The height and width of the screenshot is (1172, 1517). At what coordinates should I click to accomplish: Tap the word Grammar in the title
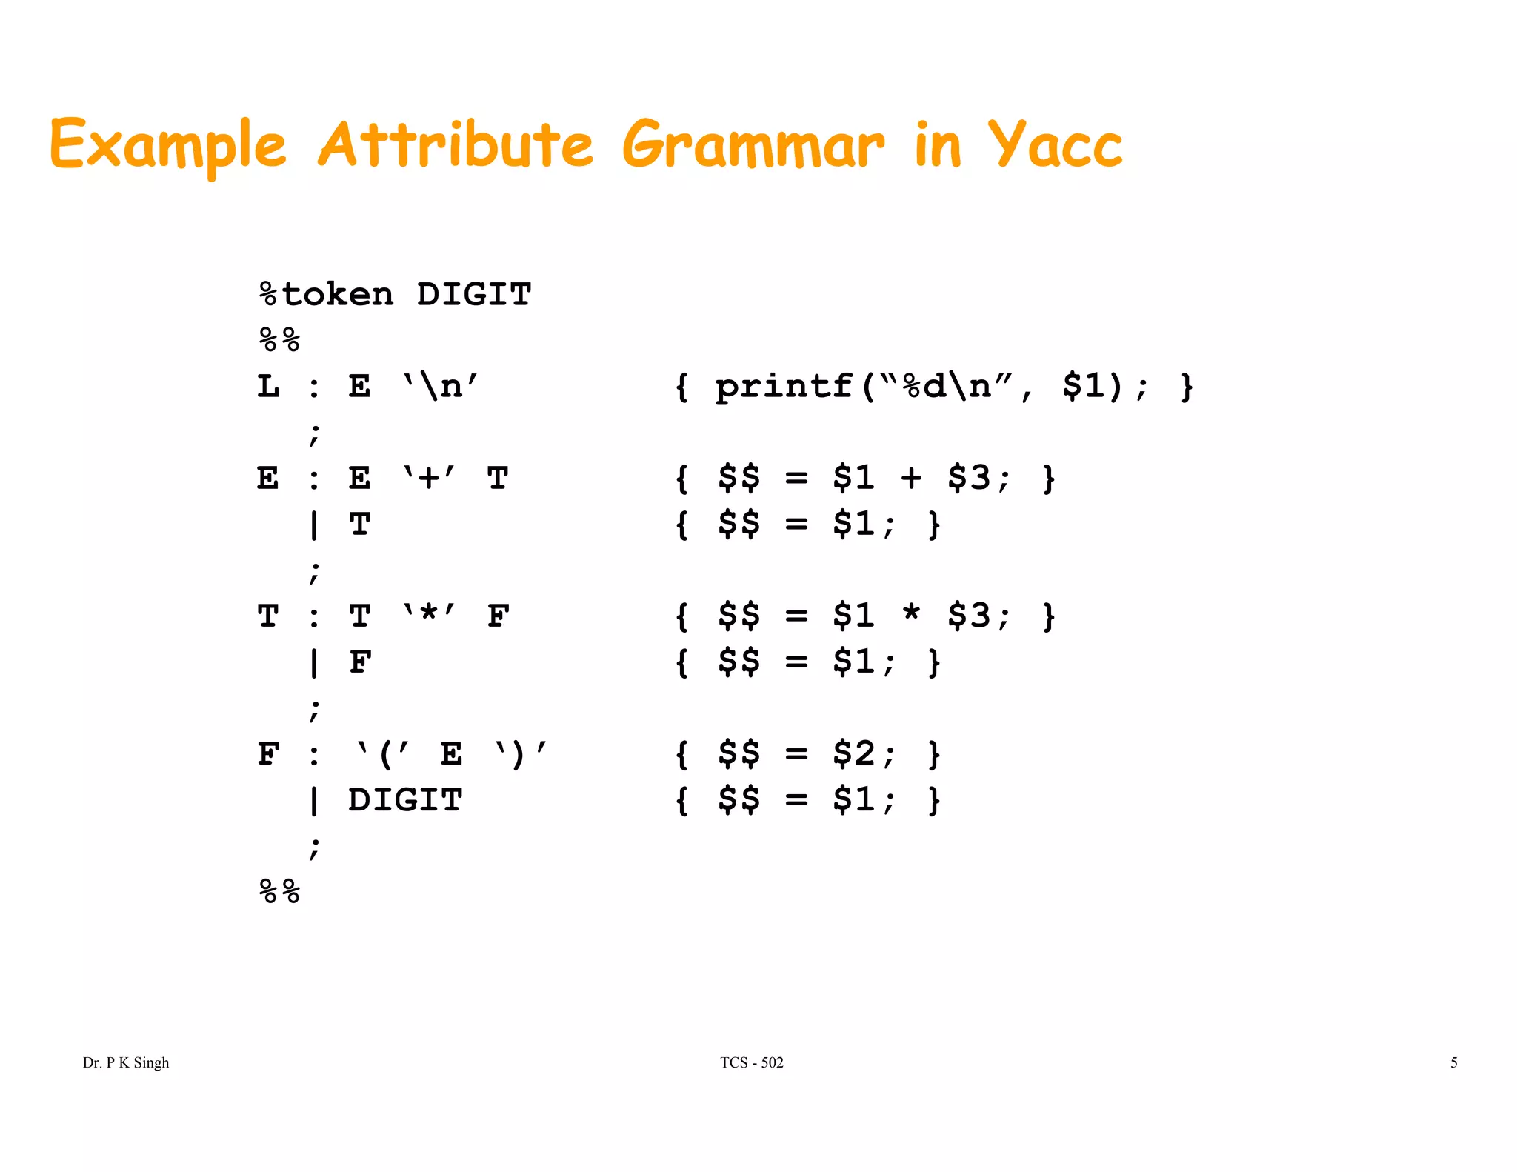[x=753, y=146]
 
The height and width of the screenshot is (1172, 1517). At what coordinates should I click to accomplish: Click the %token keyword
[x=326, y=295]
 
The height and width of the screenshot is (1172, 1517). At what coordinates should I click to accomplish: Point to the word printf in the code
[x=783, y=387]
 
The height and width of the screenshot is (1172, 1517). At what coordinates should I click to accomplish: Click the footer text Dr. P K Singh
[x=126, y=1062]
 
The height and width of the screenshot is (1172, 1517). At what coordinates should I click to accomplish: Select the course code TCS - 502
[x=751, y=1062]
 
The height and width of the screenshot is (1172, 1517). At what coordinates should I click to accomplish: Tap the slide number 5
[x=1453, y=1062]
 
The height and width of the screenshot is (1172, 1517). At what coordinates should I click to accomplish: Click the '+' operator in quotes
[x=429, y=478]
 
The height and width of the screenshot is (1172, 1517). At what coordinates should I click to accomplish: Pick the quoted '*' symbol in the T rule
[x=429, y=616]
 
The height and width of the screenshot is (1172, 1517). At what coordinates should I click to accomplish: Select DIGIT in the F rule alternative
[x=405, y=800]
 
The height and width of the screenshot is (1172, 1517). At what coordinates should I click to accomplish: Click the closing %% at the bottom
[x=280, y=891]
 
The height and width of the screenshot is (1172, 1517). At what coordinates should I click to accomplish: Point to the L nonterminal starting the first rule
[x=268, y=387]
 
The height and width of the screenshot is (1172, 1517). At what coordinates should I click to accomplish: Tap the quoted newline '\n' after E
[x=440, y=387]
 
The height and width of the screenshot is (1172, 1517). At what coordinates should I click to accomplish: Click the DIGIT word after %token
[x=474, y=295]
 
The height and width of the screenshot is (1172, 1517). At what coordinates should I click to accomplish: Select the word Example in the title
[x=168, y=146]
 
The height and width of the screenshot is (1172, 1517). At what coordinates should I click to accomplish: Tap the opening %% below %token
[x=280, y=341]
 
